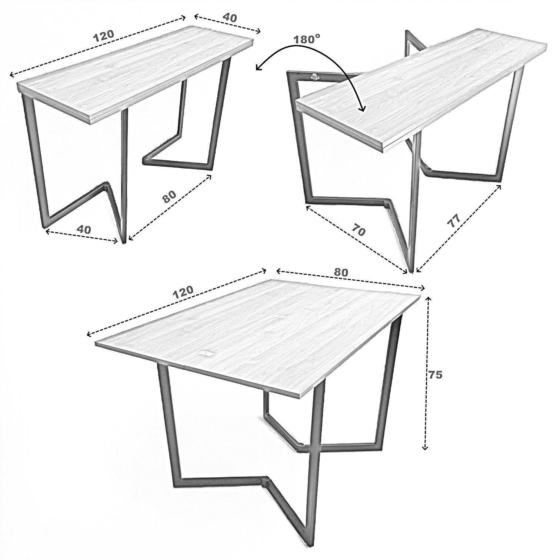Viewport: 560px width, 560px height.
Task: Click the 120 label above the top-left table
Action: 104,36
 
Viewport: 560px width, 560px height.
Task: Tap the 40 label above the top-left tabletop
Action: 229,17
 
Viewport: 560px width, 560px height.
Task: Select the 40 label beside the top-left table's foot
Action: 84,230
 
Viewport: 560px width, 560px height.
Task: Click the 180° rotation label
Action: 307,39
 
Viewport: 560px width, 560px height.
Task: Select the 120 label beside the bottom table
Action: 183,291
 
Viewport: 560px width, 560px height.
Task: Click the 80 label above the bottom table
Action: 341,272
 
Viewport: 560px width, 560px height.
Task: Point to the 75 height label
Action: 435,375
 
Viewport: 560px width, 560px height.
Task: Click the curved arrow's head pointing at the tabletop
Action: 362,107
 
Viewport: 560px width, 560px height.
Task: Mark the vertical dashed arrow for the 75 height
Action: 427,373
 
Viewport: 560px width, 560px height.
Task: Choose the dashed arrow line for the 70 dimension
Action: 356,240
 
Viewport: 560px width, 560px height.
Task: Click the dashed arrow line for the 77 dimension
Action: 459,229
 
